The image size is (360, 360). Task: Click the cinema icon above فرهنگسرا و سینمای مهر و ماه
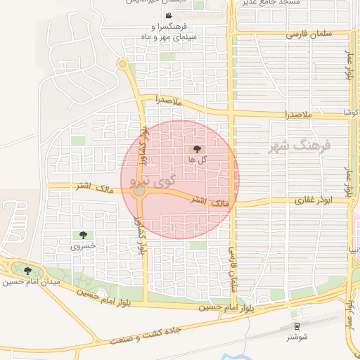tap(168, 15)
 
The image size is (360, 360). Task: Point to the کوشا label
tap(349, 112)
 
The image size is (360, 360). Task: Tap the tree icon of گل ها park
tap(197, 148)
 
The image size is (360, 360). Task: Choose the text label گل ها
tap(197, 160)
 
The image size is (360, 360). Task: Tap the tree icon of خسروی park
tap(84, 236)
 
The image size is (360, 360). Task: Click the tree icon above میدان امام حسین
tap(27, 271)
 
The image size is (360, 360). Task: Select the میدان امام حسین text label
tap(31, 282)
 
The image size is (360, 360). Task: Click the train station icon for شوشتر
tap(297, 326)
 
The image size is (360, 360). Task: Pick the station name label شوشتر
tap(297, 337)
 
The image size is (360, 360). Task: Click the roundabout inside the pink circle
tap(140, 191)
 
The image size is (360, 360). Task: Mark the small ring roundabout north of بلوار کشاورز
tap(122, 65)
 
